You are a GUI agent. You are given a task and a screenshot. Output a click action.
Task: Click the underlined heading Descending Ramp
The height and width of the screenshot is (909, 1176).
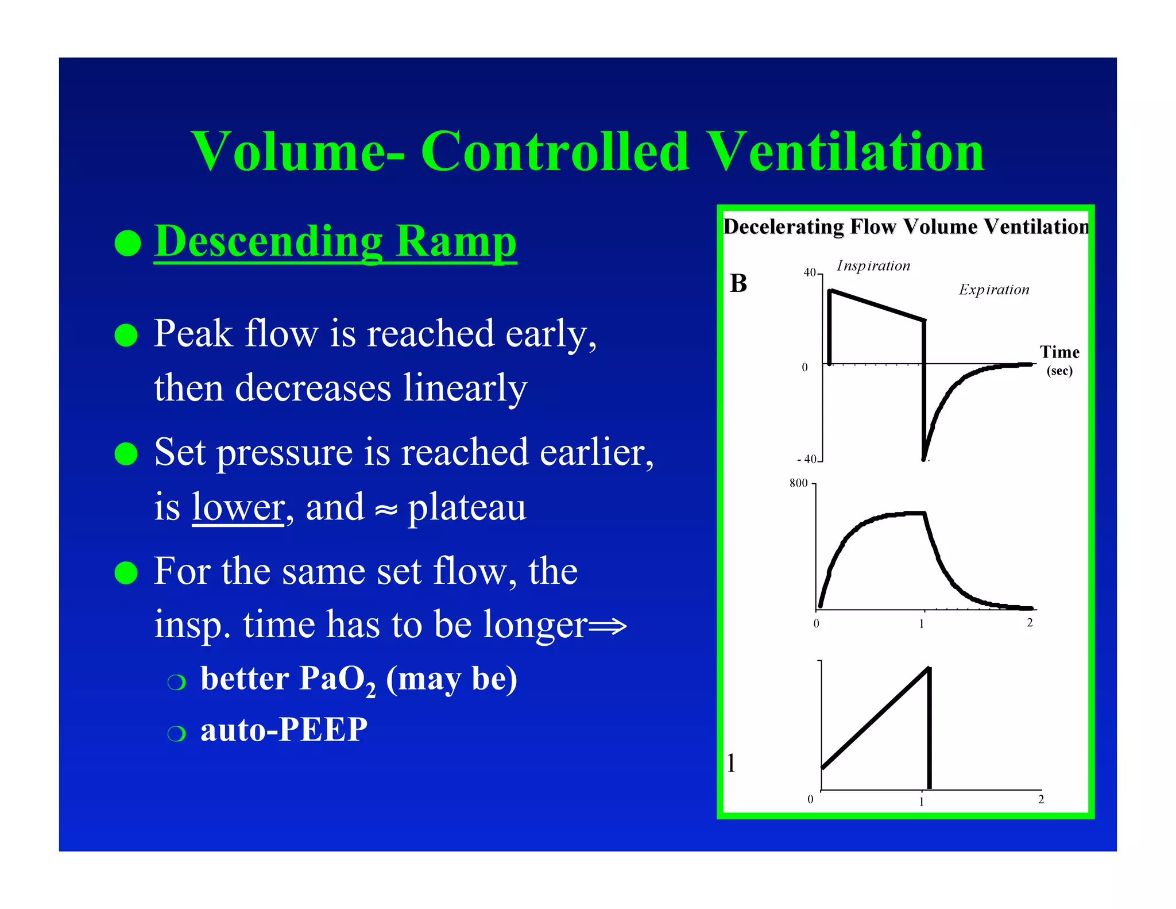pos(335,242)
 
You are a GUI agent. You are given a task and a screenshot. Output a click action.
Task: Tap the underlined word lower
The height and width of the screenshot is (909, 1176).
pos(238,507)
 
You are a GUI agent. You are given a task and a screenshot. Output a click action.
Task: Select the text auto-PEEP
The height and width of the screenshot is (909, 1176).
pos(284,730)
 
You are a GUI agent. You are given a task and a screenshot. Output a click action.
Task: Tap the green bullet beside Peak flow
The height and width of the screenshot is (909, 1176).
pos(126,335)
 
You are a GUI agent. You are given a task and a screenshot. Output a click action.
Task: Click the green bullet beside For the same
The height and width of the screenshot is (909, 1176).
pos(126,572)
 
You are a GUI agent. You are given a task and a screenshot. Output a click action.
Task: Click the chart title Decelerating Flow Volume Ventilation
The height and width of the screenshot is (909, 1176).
pos(906,227)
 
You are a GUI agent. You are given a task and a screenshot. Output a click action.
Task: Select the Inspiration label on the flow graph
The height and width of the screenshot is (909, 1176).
pos(873,266)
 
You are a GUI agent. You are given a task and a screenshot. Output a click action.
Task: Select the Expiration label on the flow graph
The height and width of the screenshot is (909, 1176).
pos(994,290)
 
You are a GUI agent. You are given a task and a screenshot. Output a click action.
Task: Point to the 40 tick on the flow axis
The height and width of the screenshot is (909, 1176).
pos(809,273)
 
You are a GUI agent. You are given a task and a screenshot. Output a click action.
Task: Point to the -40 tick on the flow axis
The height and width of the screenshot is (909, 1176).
pos(807,460)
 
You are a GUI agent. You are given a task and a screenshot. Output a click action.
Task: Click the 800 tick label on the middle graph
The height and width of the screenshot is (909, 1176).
pos(798,484)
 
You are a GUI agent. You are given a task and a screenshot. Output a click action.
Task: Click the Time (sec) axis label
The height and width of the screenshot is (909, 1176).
pos(1059,360)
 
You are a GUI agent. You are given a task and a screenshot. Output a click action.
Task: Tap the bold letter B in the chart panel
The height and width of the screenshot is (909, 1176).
pos(738,284)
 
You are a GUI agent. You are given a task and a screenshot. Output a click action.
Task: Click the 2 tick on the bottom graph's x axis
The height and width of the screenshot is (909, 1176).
pos(1041,799)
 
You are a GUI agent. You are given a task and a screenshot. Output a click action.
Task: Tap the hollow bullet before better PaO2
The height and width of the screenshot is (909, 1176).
pos(177,682)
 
